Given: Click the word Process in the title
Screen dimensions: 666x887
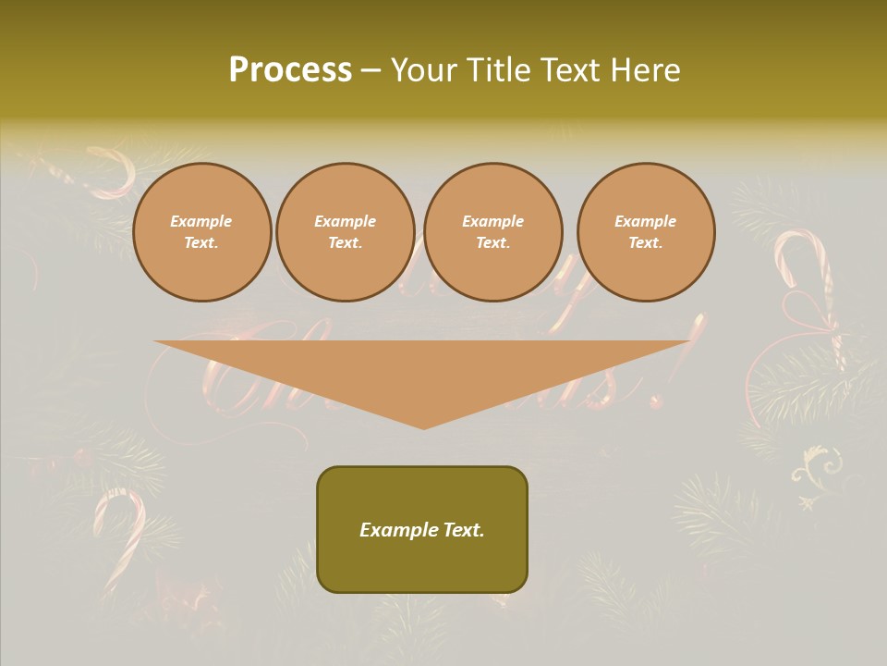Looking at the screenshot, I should click(290, 70).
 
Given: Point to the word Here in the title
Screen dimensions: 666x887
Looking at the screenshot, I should click(646, 70).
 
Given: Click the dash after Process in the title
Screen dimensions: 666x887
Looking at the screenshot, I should click(371, 71).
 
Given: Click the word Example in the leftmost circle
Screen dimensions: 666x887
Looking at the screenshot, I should click(201, 221).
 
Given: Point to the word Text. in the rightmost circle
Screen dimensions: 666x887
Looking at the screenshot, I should click(646, 243).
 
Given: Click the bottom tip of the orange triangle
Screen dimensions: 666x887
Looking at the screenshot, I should click(424, 426).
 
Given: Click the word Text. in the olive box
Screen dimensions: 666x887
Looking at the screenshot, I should click(463, 530).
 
